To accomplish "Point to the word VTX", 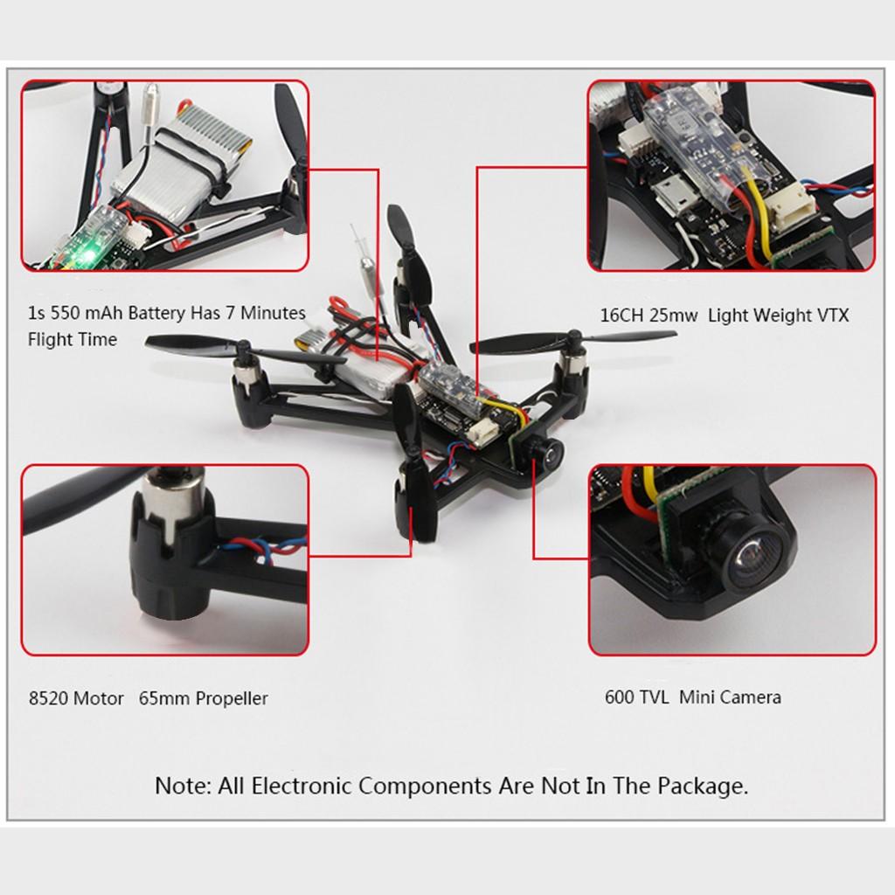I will tap(831, 316).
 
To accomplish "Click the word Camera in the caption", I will tap(751, 697).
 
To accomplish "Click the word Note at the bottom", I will tap(183, 786).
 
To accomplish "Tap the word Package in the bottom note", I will tap(703, 786).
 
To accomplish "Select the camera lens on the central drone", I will tap(551, 453).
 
